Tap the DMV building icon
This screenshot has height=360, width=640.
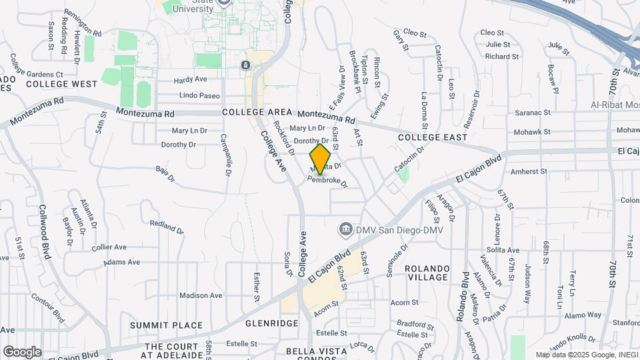click(346, 230)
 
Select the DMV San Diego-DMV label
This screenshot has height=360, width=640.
click(390, 230)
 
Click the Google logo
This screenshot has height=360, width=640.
click(22, 351)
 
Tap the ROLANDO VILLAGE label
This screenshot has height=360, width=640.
click(427, 272)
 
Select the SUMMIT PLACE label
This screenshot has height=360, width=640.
click(166, 325)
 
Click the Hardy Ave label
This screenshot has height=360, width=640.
click(191, 80)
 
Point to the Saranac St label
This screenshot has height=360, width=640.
click(533, 113)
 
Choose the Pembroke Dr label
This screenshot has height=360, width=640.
click(327, 181)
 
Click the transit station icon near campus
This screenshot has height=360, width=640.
click(245, 65)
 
